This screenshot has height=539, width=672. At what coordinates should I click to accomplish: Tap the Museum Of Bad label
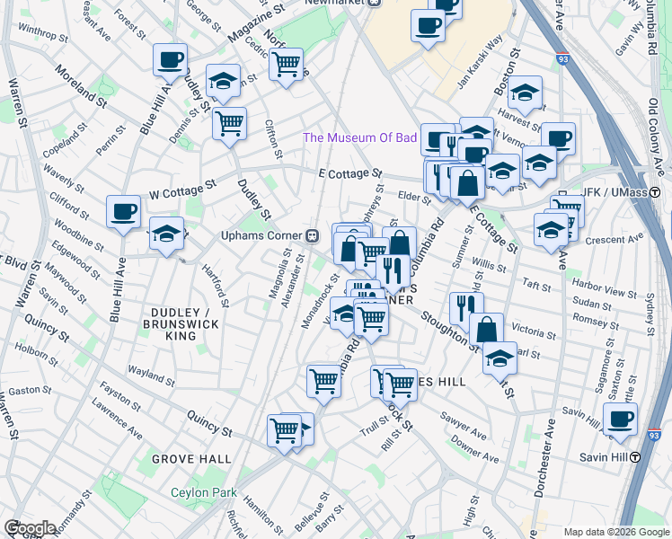tap(359, 137)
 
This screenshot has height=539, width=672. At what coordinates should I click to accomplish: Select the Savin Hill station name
tap(603, 456)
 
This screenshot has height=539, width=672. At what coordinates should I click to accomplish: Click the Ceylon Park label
tap(204, 492)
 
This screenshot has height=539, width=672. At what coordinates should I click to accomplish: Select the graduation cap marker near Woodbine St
tap(166, 236)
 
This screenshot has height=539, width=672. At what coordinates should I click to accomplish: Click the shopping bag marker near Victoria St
tap(486, 330)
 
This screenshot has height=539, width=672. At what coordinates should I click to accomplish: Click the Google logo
tap(31, 528)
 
